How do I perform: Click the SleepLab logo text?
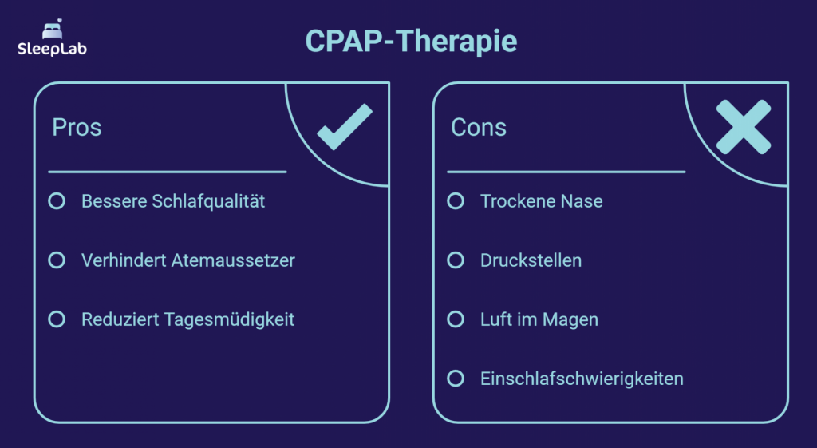[53, 48]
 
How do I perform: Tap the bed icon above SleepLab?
[53, 30]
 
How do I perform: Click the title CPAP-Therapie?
[411, 42]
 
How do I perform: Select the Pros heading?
[77, 128]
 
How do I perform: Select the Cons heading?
[479, 128]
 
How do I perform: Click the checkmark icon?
[345, 127]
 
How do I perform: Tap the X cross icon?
[743, 127]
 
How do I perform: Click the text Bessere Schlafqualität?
[173, 201]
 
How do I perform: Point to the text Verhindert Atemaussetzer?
[188, 260]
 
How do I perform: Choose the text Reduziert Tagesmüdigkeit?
[188, 319]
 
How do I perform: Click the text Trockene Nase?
[541, 201]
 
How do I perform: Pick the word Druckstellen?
[531, 260]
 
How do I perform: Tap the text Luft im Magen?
[539, 319]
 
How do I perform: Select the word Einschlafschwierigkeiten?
[582, 379]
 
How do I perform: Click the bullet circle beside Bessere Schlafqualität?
[57, 201]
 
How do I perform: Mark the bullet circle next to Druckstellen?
[456, 260]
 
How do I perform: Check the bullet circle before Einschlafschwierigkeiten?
[456, 379]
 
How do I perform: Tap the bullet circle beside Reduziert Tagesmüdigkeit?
[57, 319]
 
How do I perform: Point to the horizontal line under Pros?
[167, 172]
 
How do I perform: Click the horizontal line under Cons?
[566, 172]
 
